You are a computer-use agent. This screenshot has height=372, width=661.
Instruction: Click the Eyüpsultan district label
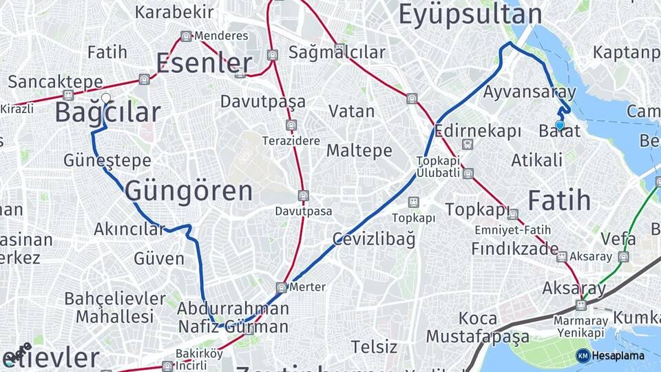click(470, 14)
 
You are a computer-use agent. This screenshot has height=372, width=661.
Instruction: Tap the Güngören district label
click(189, 191)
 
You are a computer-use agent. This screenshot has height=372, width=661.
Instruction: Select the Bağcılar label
click(107, 112)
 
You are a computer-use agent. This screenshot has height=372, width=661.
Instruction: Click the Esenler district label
click(204, 63)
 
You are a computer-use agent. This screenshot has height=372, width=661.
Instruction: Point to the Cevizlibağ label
click(374, 239)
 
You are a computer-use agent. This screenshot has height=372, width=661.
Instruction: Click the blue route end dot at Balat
click(560, 125)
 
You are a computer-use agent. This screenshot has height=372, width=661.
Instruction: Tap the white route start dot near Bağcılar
click(106, 98)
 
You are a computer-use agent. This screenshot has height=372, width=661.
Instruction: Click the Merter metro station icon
click(281, 287)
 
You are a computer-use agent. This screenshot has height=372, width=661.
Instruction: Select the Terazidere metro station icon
click(291, 125)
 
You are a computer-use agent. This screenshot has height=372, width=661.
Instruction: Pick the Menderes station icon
click(186, 36)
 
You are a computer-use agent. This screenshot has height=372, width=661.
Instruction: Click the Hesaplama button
click(610, 355)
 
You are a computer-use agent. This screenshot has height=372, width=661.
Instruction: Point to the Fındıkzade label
click(515, 248)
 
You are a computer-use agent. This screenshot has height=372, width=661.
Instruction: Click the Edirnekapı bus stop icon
click(468, 145)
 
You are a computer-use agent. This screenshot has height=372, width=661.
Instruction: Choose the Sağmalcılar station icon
click(339, 48)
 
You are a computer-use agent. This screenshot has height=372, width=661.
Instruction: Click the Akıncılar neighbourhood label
click(129, 229)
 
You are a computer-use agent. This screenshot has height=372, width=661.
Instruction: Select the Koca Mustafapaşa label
click(477, 327)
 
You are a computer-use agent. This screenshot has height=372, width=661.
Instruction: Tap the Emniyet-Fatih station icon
click(512, 214)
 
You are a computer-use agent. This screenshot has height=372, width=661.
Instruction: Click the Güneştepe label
click(107, 160)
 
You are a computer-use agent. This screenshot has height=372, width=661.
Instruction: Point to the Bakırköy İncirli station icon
click(166, 366)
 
